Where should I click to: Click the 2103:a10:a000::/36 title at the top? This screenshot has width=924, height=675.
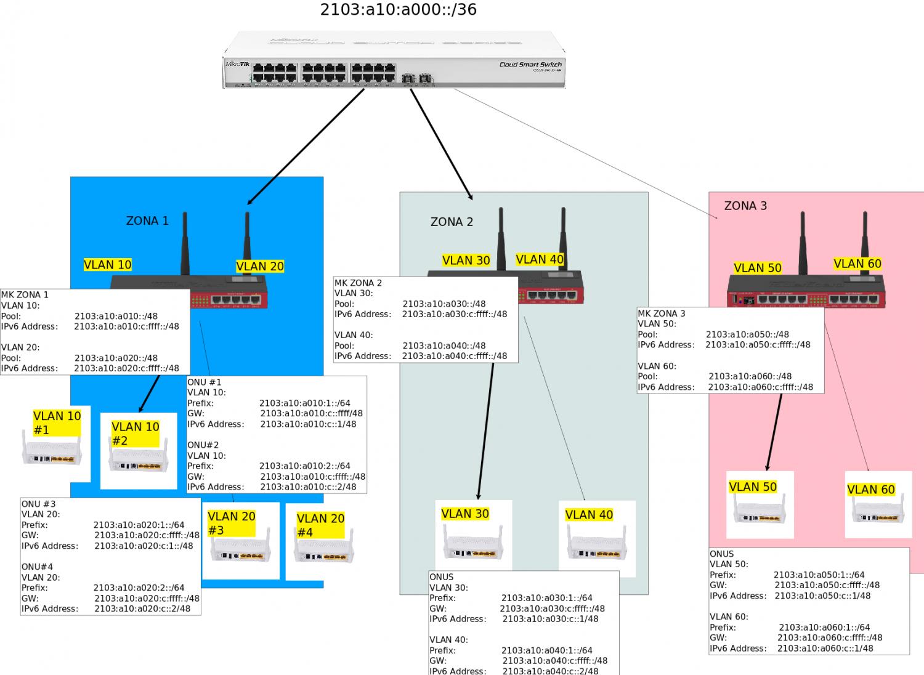[398, 10]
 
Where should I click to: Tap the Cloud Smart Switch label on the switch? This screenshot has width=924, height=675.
[530, 64]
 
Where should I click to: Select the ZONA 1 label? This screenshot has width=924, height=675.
[147, 220]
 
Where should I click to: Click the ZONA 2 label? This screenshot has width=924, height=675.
[452, 222]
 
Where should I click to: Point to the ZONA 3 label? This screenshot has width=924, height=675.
[745, 206]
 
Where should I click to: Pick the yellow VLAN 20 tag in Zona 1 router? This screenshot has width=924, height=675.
[260, 266]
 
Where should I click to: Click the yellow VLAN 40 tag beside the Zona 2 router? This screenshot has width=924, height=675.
[540, 259]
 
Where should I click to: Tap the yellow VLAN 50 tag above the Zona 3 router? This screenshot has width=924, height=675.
[758, 268]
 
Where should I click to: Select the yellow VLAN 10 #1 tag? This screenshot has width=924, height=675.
[57, 422]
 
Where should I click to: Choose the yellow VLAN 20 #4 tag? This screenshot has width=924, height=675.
[320, 525]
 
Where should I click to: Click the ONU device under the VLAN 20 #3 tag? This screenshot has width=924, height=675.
[241, 549]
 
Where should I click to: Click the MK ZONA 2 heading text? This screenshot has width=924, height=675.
[358, 283]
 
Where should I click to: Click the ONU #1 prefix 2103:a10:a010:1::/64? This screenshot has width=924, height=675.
[304, 403]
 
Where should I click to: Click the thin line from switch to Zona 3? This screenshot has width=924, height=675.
[585, 153]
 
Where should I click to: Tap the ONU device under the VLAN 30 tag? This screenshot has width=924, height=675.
[473, 546]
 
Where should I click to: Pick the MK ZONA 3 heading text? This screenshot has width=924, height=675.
[661, 313]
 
